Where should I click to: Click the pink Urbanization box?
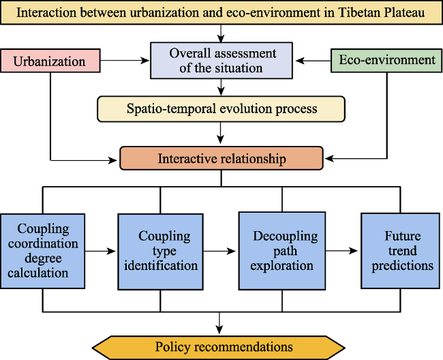[x=50, y=61]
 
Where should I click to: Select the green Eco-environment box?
[x=386, y=61]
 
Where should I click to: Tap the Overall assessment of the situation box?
[x=221, y=61]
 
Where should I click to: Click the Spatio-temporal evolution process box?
[x=221, y=109]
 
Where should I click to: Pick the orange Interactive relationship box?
[x=221, y=158]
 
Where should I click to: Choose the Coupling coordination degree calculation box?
[x=43, y=251]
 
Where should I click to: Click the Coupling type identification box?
[x=160, y=252]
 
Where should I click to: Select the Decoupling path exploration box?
[x=282, y=251]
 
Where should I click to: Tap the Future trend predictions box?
[x=400, y=251]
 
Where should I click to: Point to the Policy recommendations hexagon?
[x=219, y=347]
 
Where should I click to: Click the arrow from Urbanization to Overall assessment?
[x=125, y=60]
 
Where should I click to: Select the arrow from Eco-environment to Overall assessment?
[x=313, y=61]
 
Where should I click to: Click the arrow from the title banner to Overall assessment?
[x=221, y=33]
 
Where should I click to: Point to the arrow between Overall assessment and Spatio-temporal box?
[x=221, y=87]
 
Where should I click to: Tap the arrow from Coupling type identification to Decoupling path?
[x=219, y=251]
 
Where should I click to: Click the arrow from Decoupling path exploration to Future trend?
[x=341, y=251]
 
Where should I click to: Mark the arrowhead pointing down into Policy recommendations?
[x=219, y=329]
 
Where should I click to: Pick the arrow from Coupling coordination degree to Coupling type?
[x=100, y=251]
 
